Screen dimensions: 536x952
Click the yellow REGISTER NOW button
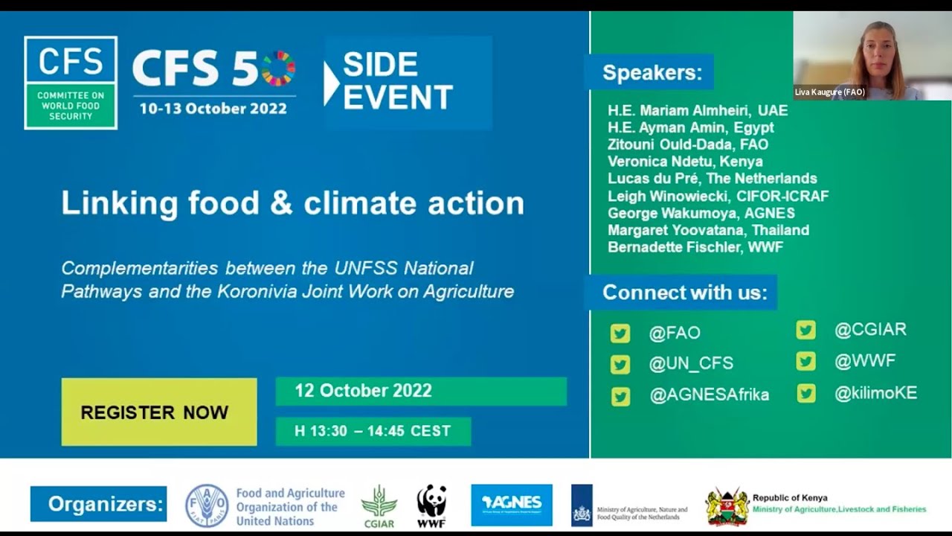click(x=158, y=412)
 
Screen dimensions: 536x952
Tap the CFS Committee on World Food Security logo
click(x=71, y=83)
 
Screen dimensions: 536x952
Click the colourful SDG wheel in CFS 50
click(x=279, y=68)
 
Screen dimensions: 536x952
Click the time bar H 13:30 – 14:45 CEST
click(x=373, y=431)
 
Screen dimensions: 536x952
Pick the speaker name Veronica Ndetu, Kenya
click(x=685, y=162)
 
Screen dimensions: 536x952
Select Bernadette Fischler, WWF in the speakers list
click(x=695, y=247)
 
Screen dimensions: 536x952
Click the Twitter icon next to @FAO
click(x=620, y=333)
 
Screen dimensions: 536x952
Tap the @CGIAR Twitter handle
click(x=870, y=330)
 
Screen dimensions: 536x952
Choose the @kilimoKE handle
click(x=875, y=394)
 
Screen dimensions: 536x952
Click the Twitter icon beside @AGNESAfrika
click(x=620, y=396)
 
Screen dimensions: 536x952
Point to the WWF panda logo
click(x=431, y=505)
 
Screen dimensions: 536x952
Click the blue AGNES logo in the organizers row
click(x=512, y=505)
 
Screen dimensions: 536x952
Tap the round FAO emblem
click(x=207, y=505)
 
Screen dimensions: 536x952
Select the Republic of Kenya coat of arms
click(x=727, y=506)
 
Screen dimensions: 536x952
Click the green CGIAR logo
click(x=379, y=506)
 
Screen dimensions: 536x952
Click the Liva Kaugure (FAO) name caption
click(x=829, y=92)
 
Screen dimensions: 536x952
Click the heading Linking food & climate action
click(x=292, y=203)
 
